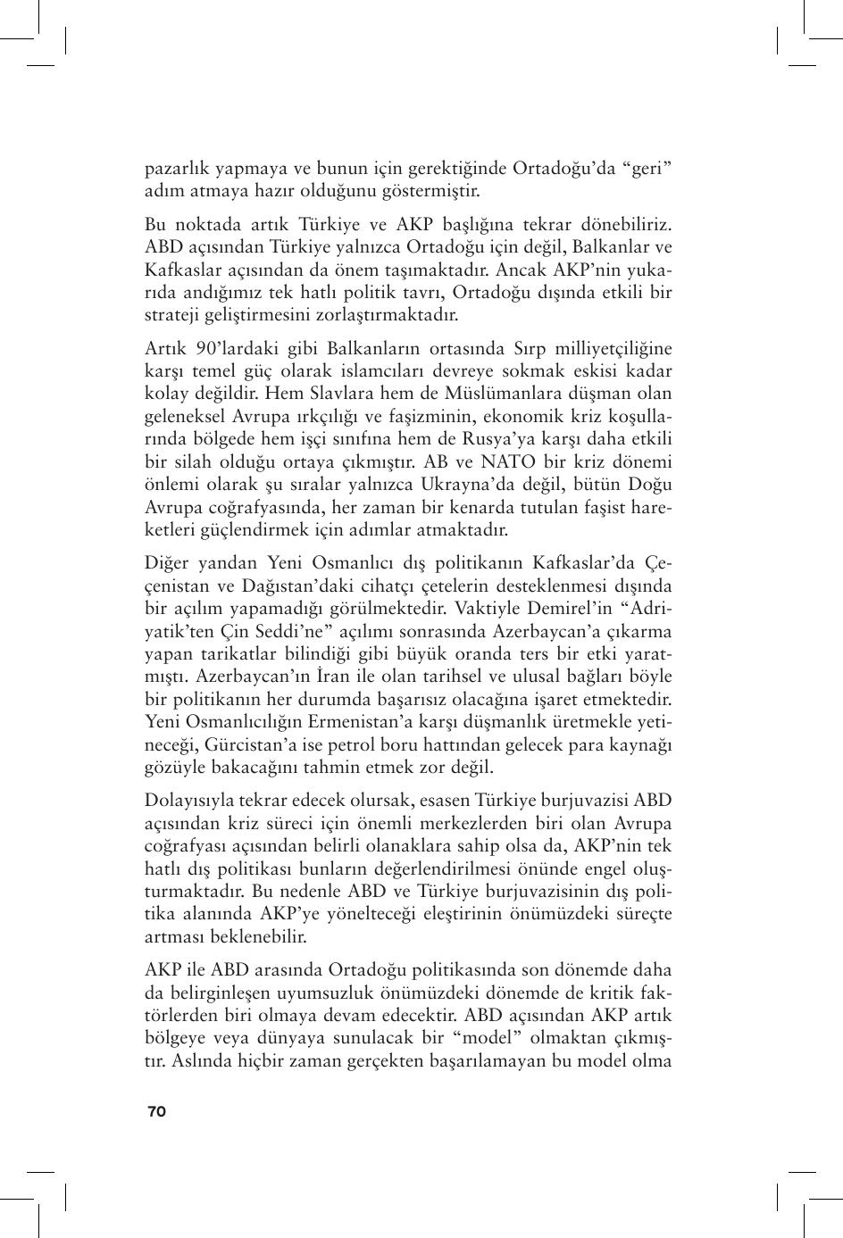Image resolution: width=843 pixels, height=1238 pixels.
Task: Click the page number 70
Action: (156, 1111)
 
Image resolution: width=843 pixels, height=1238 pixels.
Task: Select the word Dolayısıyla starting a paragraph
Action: (188, 800)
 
